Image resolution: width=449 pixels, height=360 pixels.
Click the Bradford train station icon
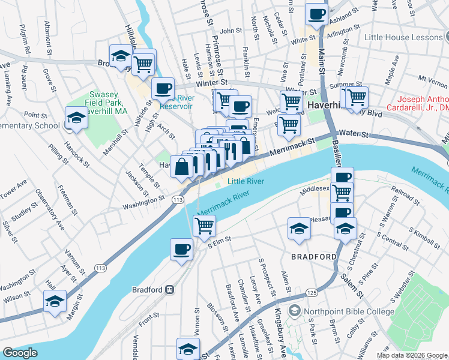click(x=170, y=290)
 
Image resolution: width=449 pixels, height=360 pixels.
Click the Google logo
click(x=20, y=353)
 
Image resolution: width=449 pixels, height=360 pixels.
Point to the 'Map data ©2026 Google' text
click(x=412, y=355)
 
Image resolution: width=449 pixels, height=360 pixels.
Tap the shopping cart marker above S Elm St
click(x=204, y=226)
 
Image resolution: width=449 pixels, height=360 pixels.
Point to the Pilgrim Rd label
click(x=25, y=38)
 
